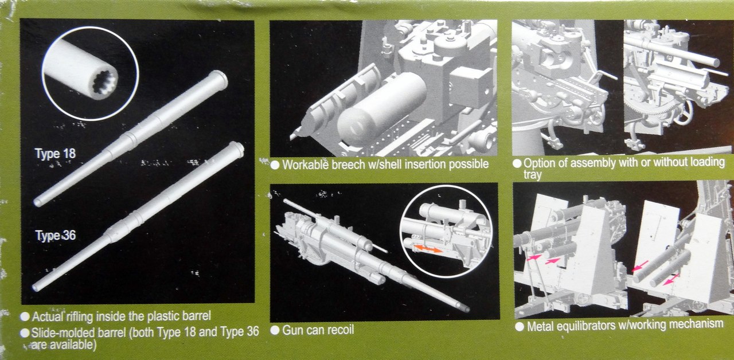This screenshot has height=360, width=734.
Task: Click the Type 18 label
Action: (55, 153)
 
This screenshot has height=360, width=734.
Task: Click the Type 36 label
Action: (56, 235)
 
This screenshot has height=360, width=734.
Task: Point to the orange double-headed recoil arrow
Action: (428, 249)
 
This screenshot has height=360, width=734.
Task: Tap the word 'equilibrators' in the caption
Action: (586, 326)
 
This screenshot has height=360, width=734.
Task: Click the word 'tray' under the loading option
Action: (533, 175)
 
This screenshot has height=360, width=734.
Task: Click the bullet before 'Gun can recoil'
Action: (275, 330)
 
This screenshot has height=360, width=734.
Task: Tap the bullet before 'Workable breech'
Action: (275, 165)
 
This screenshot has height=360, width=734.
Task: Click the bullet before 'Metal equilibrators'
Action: (520, 327)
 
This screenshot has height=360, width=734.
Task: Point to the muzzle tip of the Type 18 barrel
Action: (37, 203)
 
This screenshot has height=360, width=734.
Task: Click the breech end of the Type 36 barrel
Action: (237, 148)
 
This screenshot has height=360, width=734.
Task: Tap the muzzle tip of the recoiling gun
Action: (466, 309)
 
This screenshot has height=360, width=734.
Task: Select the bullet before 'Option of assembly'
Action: (517, 163)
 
